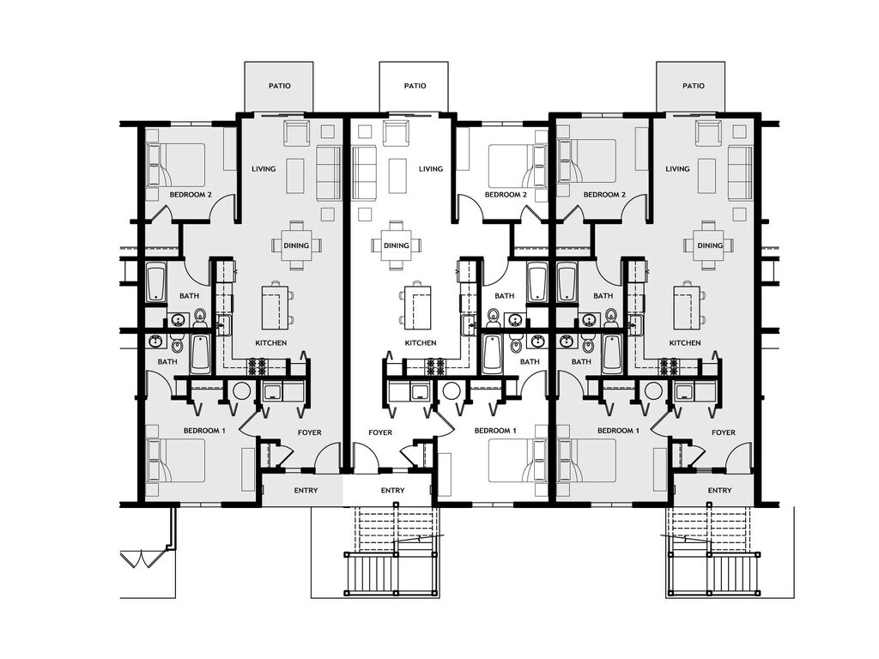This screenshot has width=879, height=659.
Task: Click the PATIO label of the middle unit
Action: click(415, 86)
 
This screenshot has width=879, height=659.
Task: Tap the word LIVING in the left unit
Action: click(264, 169)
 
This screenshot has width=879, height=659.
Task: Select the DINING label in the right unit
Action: click(710, 245)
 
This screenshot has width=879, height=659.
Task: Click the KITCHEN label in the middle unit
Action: click(421, 343)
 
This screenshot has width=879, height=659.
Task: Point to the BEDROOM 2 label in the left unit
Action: click(191, 195)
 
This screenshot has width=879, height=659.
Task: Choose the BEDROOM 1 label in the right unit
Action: click(618, 430)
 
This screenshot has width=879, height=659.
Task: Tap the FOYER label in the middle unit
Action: click(380, 432)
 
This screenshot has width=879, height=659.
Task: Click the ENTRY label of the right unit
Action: click(719, 491)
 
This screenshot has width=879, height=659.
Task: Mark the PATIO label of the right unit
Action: click(693, 86)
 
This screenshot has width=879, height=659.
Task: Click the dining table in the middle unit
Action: click(397, 245)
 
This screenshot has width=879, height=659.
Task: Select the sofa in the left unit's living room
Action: click(329, 172)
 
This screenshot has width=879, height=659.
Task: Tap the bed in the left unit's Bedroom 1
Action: click(176, 461)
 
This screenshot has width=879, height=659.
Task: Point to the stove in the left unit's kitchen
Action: click(258, 367)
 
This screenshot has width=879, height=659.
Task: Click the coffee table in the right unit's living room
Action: click(706, 175)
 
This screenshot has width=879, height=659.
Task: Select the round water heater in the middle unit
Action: click(451, 391)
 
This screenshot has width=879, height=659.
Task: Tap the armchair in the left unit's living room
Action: click(296, 133)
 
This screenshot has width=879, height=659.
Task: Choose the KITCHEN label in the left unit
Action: click(270, 343)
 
